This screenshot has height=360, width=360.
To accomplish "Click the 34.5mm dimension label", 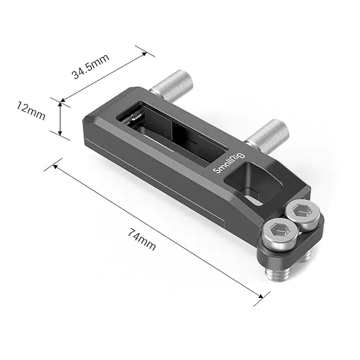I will [x=91, y=66].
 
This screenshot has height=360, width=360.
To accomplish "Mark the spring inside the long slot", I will [x=135, y=118].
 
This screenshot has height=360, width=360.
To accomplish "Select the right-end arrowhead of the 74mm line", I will [x=265, y=296].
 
